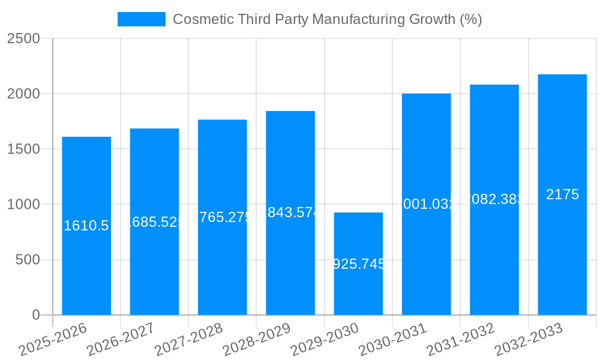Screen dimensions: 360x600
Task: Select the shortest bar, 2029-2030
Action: (358, 288)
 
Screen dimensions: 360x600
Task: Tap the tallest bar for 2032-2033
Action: (562, 252)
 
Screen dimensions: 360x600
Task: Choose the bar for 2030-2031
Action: (426, 258)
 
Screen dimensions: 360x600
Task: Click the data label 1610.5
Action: (86, 226)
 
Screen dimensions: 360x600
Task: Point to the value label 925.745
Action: (358, 264)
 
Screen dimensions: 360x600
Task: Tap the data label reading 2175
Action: (562, 194)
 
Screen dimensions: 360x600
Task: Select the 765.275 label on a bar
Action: (223, 217)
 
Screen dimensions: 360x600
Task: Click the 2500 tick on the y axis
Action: (23, 38)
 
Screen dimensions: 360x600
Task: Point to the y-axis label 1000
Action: (23, 205)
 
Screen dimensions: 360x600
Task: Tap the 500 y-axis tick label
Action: (28, 260)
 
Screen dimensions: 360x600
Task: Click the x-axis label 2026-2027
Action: (121, 339)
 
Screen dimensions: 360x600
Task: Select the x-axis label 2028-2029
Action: (257, 339)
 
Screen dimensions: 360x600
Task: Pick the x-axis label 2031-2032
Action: (461, 339)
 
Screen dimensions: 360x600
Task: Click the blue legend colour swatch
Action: (142, 19)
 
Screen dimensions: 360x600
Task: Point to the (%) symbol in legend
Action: (470, 19)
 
